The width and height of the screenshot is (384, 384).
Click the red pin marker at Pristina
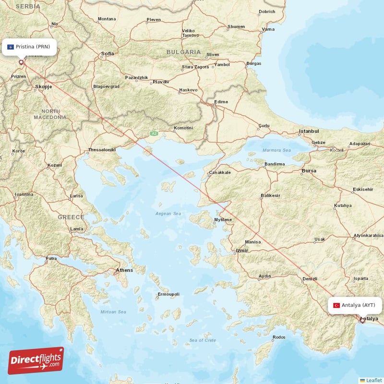tap(21, 62)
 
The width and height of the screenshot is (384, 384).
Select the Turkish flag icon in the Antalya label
tap(336, 305)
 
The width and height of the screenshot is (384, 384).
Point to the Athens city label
tap(124, 270)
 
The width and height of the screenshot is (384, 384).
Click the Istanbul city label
tap(309, 131)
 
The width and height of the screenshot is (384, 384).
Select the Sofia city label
tap(108, 54)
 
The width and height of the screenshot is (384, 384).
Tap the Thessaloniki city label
tap(102, 150)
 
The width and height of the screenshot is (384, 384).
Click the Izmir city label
tap(241, 251)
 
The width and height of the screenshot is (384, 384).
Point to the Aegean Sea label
tap(168, 213)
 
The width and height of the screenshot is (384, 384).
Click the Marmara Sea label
tap(276, 150)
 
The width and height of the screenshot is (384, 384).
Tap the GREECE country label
tap(71, 217)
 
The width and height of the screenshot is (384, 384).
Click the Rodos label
tap(278, 337)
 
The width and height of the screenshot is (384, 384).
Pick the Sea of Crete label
tap(202, 340)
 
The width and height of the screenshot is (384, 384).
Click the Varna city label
tap(268, 29)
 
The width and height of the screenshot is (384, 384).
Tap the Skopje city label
tap(43, 87)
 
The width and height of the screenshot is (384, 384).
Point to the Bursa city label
tap(309, 170)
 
